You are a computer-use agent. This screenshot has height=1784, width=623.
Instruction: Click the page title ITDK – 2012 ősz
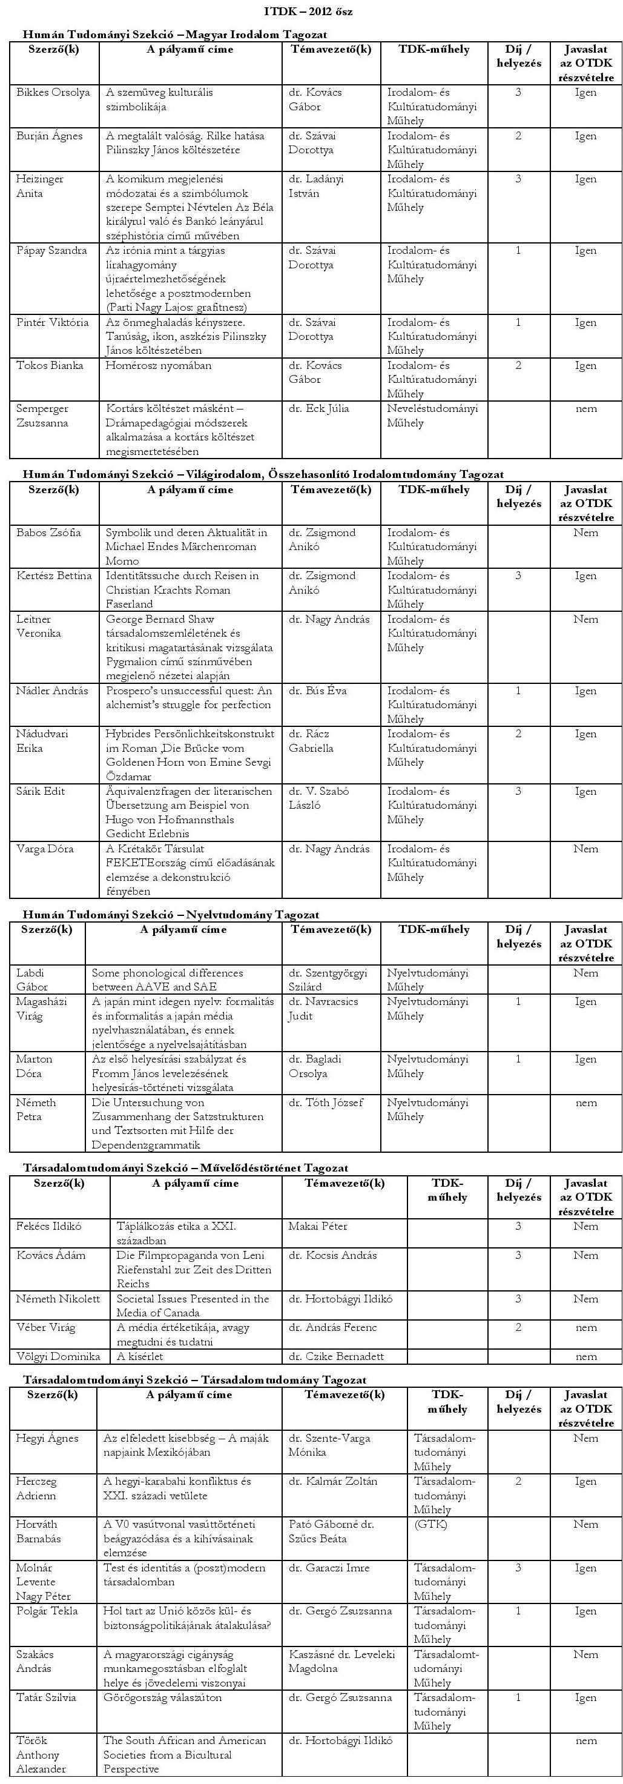[311, 12]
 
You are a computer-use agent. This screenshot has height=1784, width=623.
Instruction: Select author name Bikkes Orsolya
[53, 93]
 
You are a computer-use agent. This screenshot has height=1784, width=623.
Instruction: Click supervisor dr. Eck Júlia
[319, 409]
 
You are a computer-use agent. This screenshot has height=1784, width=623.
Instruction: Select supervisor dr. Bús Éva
[318, 691]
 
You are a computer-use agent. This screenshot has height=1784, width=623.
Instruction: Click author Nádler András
[52, 691]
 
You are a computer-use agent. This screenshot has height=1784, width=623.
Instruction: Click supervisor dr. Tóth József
[325, 1102]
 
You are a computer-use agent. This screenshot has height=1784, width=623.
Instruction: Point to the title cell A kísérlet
[140, 1356]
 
